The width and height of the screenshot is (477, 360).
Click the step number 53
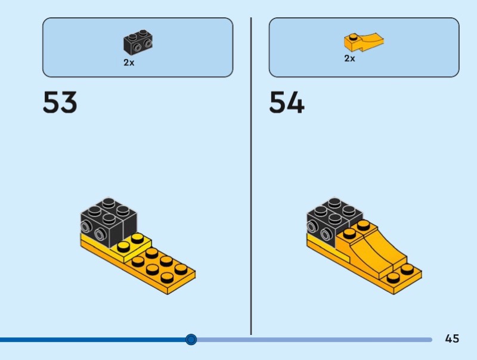click(x=60, y=103)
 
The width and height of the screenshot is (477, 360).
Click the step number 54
click(x=287, y=103)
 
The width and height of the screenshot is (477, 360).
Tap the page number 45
click(x=452, y=339)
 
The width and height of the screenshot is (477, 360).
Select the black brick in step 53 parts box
click(x=138, y=42)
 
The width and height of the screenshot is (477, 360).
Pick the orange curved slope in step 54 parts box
click(x=363, y=42)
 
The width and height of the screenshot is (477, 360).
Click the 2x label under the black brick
click(x=129, y=63)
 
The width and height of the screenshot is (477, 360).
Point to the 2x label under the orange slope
click(x=349, y=58)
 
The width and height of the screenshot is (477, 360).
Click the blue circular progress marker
click(x=191, y=339)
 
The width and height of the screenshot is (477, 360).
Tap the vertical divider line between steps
click(x=251, y=179)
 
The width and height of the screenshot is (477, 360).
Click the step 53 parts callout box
click(x=138, y=47)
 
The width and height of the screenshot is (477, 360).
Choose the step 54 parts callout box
click(x=364, y=47)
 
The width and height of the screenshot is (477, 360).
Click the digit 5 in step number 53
click(x=51, y=103)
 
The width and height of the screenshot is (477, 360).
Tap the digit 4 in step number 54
click(x=296, y=103)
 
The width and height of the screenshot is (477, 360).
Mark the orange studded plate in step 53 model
click(x=161, y=268)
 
